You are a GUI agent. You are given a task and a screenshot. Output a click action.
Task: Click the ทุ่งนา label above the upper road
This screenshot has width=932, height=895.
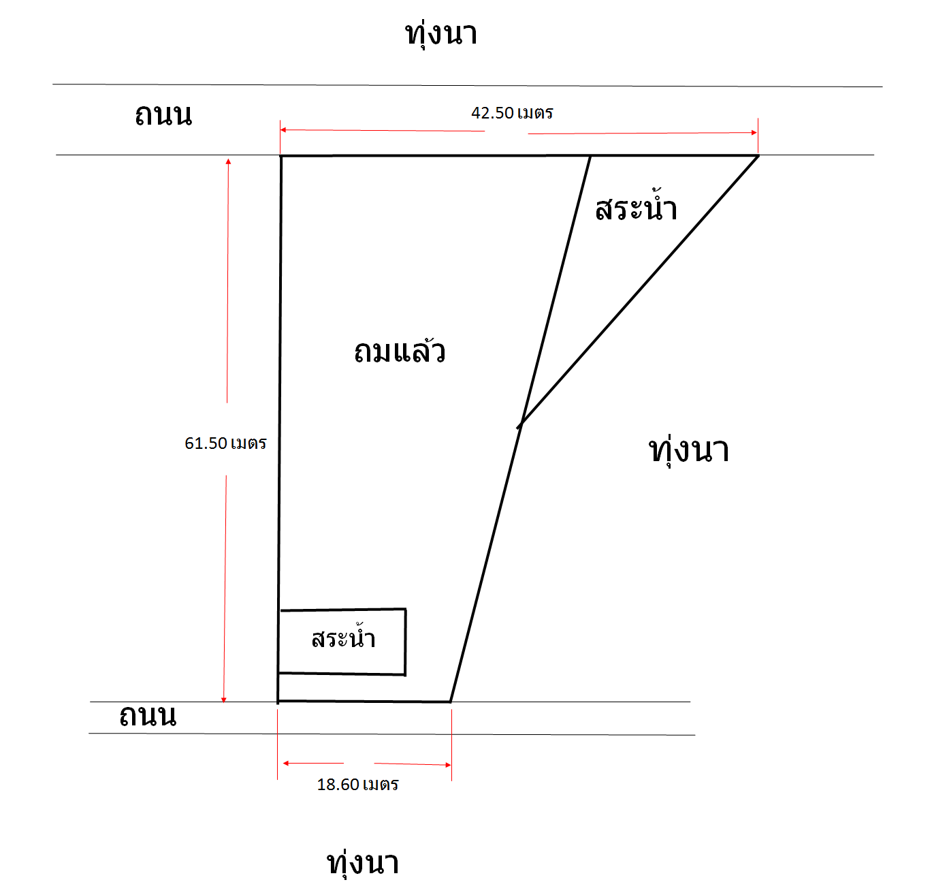click(440, 35)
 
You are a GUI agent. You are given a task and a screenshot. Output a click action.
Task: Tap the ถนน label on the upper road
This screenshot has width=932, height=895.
click(163, 115)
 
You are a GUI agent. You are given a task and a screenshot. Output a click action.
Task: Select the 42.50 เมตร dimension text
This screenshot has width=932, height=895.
click(512, 113)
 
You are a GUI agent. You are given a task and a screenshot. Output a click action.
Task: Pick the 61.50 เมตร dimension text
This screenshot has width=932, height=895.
click(225, 443)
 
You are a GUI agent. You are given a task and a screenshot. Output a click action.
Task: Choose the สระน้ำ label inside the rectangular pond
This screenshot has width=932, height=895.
click(343, 635)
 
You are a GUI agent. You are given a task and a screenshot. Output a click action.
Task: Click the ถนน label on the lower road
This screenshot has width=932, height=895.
click(148, 716)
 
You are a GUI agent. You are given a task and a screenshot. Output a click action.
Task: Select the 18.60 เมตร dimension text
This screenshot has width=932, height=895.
click(357, 785)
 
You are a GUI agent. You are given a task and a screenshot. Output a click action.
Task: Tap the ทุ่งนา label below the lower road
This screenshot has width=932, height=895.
click(363, 863)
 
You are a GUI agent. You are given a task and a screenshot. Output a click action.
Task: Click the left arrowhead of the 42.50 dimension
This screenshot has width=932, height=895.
click(283, 129)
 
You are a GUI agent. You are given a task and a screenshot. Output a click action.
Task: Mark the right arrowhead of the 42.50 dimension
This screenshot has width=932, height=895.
click(754, 133)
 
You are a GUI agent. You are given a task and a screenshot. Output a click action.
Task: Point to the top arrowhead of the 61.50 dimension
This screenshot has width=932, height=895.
click(229, 161)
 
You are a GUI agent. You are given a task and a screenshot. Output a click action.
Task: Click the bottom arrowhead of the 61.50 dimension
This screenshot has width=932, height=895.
click(224, 700)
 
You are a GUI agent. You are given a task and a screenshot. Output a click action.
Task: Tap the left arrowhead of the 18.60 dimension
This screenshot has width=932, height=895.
click(285, 764)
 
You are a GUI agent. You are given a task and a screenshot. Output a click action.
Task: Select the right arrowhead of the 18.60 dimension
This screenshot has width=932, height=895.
click(448, 765)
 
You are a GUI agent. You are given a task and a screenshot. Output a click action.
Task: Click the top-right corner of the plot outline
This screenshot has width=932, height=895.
click(758, 156)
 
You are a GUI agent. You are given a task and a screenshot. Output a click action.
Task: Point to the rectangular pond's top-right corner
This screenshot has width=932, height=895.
click(406, 609)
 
